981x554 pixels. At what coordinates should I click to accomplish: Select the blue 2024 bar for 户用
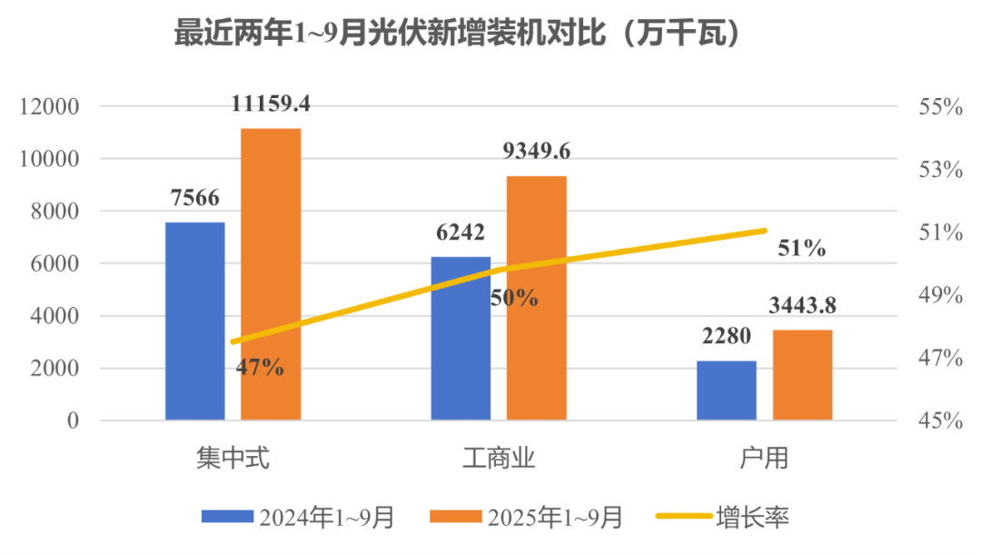point(726,390)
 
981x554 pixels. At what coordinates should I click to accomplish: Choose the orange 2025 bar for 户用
point(802,374)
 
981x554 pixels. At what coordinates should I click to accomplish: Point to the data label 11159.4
point(271,104)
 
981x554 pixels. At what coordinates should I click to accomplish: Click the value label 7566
point(194,198)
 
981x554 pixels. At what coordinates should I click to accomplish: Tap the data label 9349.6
point(536,152)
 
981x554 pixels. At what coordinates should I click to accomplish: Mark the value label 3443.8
point(802,306)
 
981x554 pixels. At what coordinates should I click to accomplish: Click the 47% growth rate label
point(260,368)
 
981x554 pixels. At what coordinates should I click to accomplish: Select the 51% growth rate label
point(801,248)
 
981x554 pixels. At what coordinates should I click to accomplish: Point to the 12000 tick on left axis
point(51,106)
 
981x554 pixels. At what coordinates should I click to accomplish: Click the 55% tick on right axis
point(940,106)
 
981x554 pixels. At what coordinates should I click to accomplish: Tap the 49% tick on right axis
point(940,295)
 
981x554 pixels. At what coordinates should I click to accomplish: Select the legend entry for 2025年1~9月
point(526,518)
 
